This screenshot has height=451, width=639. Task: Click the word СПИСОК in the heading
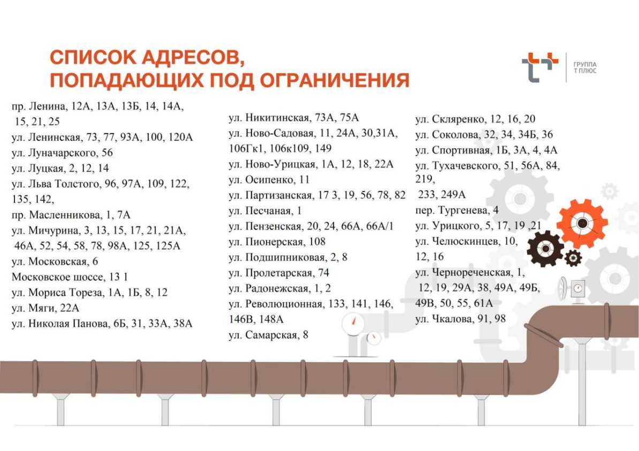point(93,57)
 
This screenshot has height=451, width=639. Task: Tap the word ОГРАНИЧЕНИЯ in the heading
point(334,80)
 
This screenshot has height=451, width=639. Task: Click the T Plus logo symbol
point(540,67)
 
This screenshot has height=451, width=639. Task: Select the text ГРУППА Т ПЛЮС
point(585,67)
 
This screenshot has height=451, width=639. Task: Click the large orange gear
point(582,223)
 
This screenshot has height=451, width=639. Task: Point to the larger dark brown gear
point(545,249)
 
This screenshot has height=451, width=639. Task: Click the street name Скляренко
point(459,119)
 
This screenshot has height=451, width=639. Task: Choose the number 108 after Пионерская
point(317,242)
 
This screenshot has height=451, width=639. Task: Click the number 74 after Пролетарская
point(324,272)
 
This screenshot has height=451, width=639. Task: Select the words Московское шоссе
point(57,277)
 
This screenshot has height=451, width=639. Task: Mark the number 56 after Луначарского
point(107,153)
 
